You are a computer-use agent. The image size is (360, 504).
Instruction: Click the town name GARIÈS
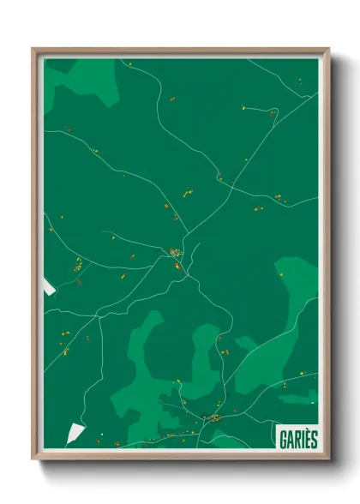(x=297, y=438)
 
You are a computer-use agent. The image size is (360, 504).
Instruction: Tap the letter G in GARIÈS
(x=283, y=438)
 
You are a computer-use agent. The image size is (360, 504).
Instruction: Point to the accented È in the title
(x=304, y=438)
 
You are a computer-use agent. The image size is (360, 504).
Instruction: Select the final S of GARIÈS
(x=313, y=438)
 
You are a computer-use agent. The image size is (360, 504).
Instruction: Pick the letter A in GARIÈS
(x=290, y=438)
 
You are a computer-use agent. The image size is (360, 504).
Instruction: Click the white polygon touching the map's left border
(x=49, y=289)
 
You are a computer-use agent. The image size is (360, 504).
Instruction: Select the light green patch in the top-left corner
(x=81, y=75)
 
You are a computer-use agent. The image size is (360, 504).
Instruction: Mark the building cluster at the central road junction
(x=175, y=253)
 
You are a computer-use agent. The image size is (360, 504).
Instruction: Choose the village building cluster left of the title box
(x=213, y=417)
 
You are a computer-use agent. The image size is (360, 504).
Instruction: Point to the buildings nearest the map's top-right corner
(x=300, y=81)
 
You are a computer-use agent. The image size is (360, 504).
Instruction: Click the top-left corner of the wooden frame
(x=34, y=50)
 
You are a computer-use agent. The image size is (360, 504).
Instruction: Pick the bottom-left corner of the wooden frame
(x=34, y=458)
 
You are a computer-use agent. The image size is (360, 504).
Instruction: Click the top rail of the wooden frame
(x=180, y=51)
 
